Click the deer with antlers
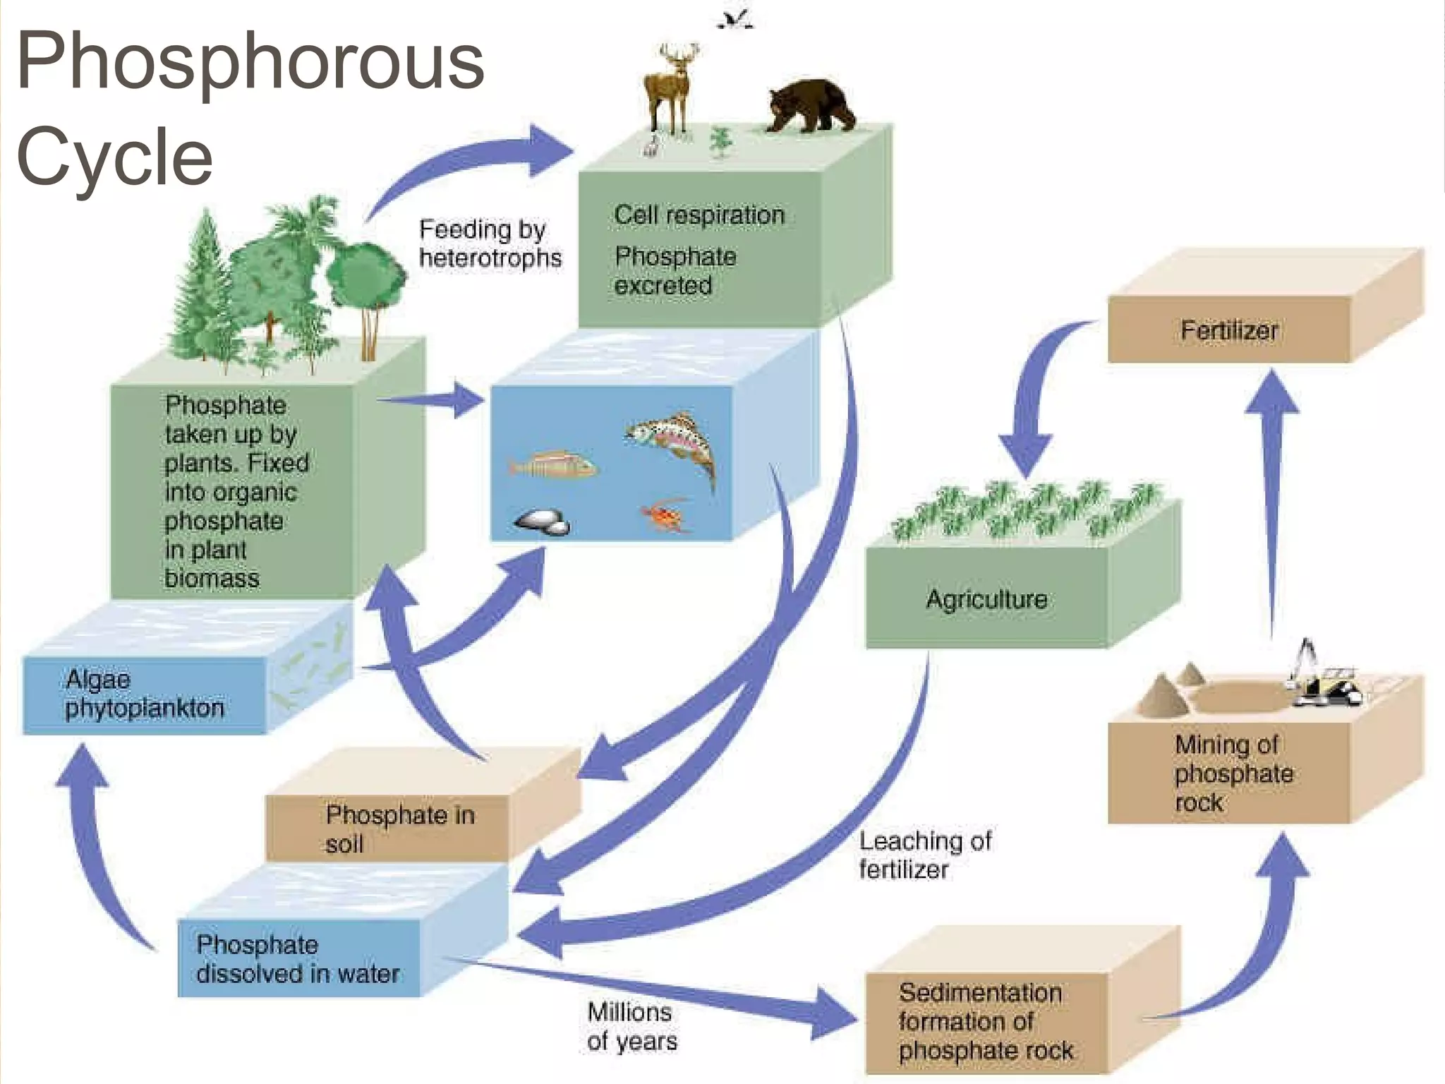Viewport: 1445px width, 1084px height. [670, 88]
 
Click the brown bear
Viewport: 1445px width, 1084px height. [811, 106]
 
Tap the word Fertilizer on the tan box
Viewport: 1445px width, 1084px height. [1228, 330]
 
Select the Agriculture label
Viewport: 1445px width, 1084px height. [986, 599]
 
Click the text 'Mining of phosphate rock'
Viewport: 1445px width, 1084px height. [1233, 773]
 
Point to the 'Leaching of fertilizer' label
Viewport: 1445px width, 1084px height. [924, 855]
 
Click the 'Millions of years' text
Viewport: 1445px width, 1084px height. [631, 1026]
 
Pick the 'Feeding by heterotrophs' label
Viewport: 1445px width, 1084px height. [490, 243]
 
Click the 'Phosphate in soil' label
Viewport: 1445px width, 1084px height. [399, 829]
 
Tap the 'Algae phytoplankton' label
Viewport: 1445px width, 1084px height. [144, 694]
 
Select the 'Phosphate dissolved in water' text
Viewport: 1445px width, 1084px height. [297, 959]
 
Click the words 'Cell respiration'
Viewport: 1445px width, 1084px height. [699, 215]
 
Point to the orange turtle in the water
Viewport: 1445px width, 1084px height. [665, 516]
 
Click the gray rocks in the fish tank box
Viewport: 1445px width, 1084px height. [542, 522]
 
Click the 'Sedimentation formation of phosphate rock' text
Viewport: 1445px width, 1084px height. [985, 1021]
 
